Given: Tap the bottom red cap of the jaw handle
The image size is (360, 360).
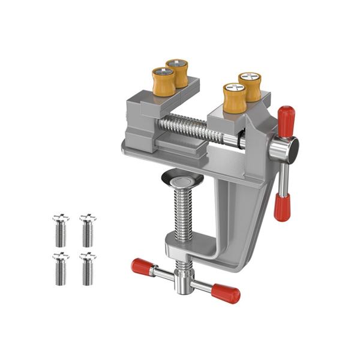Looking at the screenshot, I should tap(281, 206).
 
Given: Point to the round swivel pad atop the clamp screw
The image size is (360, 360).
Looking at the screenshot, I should tap(178, 178).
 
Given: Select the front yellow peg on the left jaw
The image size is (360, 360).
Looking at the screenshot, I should tap(163, 82).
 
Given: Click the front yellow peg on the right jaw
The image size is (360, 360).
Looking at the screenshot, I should tap(235, 97).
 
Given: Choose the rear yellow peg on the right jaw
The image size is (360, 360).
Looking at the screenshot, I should tap(250, 86).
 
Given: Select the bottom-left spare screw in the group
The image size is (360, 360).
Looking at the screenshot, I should tap(61, 268).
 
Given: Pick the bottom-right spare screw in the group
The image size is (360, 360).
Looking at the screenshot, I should tap(88, 268).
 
